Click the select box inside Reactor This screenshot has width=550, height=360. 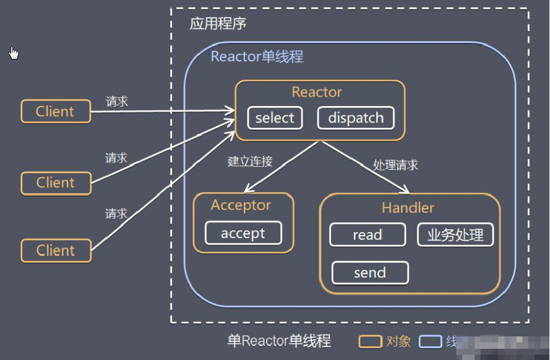coord(274,118)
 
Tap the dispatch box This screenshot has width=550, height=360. coord(356,118)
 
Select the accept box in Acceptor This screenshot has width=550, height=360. coord(243,233)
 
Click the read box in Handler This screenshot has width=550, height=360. coord(367,235)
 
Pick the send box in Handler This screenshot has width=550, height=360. coord(370,273)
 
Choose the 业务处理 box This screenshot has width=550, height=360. coord(455,235)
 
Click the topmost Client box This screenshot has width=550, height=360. coord(55,111)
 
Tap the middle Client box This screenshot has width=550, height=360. coord(56,183)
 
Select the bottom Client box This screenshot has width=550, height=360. coord(56,250)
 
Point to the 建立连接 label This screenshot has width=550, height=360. coord(250,161)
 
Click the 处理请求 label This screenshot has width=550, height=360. coord(396,165)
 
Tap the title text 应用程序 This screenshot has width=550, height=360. coord(218,24)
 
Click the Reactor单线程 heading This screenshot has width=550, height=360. coord(257,57)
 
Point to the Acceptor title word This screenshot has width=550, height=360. coord(241,205)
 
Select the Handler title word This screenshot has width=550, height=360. coord(408,208)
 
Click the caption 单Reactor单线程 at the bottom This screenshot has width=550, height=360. coord(279,341)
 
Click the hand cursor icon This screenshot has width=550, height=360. coord(14,53)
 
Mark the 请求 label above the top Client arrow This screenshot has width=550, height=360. coord(117,101)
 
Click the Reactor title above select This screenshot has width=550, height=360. coord(317,93)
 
